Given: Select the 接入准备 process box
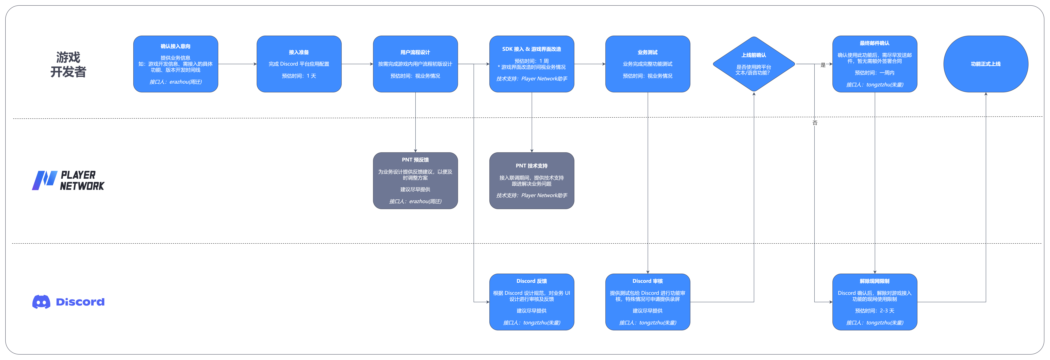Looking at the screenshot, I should pyautogui.click(x=299, y=64).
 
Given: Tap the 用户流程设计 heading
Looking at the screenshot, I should pyautogui.click(x=415, y=52).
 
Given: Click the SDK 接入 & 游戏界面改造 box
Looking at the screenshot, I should pyautogui.click(x=532, y=64).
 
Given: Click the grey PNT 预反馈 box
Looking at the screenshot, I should pyautogui.click(x=415, y=181).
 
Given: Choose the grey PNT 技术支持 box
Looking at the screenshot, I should pyautogui.click(x=532, y=181).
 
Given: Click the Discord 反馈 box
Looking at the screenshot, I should pyautogui.click(x=532, y=302).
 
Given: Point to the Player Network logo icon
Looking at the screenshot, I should pyautogui.click(x=44, y=180).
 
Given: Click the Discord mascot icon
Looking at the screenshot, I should pyautogui.click(x=41, y=302).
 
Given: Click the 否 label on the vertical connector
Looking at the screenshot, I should pyautogui.click(x=814, y=123).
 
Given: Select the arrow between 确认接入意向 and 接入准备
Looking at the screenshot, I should pyautogui.click(x=237, y=64).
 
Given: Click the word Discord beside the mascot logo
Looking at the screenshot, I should pyautogui.click(x=80, y=302).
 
